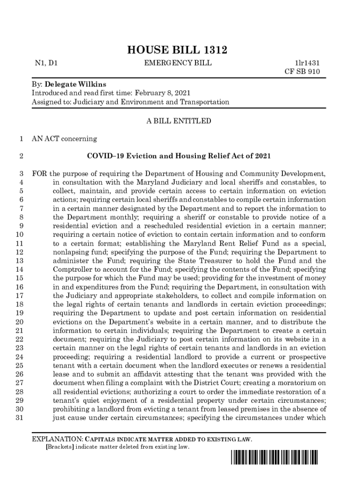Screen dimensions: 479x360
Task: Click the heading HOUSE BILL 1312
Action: [x=180, y=51]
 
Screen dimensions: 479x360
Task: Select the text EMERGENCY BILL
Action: [x=178, y=63]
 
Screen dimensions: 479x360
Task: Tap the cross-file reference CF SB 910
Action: [x=302, y=72]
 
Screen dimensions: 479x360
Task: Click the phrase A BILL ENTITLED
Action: [x=179, y=121]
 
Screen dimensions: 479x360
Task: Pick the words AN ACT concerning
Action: [x=64, y=138]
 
